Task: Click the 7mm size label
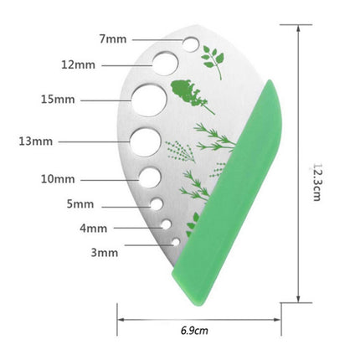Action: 111,39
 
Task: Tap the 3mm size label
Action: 104,250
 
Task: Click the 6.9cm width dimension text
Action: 194,331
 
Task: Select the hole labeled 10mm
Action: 151,177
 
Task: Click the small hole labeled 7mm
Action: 191,40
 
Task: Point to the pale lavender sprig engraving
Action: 178,151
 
